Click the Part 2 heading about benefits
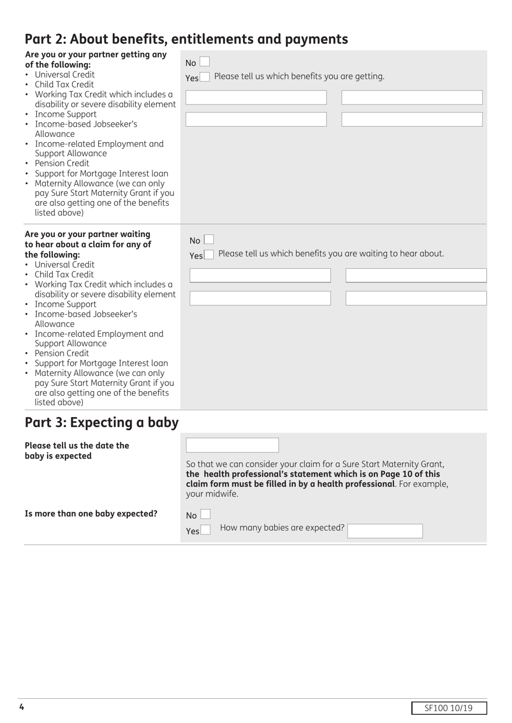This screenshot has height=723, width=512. pyautogui.click(x=186, y=39)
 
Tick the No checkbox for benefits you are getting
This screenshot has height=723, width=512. pyautogui.click(x=204, y=62)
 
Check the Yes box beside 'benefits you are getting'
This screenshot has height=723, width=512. pyautogui.click(x=204, y=77)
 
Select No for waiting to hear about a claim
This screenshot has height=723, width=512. pyautogui.click(x=209, y=239)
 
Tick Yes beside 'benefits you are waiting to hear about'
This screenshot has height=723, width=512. pyautogui.click(x=209, y=254)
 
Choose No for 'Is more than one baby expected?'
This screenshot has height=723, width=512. pyautogui.click(x=205, y=515)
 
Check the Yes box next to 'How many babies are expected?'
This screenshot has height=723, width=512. pyautogui.click(x=205, y=530)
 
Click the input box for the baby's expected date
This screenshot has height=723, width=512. pyautogui.click(x=232, y=445)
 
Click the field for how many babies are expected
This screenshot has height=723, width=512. pyautogui.click(x=385, y=531)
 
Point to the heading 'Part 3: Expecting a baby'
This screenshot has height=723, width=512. pyautogui.click(x=101, y=422)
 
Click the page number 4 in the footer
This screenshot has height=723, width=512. pyautogui.click(x=22, y=707)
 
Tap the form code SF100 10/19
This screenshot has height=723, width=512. pyautogui.click(x=448, y=708)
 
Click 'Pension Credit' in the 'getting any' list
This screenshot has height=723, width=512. pyautogui.click(x=62, y=163)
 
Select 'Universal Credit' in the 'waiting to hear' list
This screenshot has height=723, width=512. pyautogui.click(x=65, y=265)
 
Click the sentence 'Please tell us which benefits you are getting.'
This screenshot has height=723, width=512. pyautogui.click(x=299, y=77)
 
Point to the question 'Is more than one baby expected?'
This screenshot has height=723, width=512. pyautogui.click(x=91, y=513)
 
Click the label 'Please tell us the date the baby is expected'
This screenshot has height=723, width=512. pyautogui.click(x=77, y=450)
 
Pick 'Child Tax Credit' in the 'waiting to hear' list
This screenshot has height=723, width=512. pyautogui.click(x=64, y=274)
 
